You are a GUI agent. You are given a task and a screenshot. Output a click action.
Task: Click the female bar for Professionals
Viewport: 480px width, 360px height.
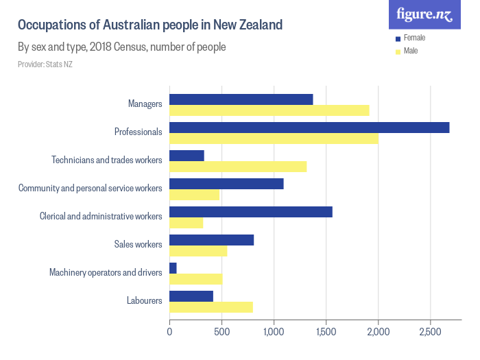click(309, 128)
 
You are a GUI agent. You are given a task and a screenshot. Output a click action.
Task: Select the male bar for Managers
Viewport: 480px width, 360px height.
click(269, 110)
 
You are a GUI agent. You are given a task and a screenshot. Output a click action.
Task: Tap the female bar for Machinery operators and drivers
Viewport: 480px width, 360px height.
click(173, 267)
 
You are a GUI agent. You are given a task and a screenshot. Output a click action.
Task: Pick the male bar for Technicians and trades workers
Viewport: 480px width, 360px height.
click(238, 167)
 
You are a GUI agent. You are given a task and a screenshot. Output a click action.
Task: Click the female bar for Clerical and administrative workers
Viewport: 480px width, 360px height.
click(251, 212)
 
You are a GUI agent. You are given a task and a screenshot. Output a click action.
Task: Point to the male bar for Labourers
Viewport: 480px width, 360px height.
click(211, 307)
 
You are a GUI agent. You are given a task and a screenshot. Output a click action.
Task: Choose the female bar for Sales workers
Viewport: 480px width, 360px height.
click(211, 240)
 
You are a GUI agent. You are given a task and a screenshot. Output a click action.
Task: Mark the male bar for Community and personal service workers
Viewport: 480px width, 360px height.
click(194, 195)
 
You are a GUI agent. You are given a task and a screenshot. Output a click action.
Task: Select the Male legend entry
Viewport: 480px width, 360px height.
click(410, 51)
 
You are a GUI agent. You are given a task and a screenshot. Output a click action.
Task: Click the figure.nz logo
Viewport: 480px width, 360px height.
click(424, 14)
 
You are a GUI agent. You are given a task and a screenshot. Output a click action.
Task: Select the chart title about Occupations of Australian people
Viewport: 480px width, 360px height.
click(149, 25)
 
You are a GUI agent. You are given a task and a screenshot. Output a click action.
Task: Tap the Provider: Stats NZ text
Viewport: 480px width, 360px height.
click(45, 64)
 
